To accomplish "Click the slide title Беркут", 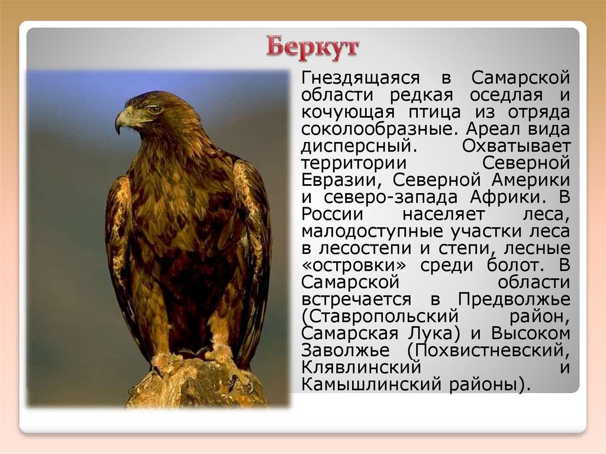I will (312, 47).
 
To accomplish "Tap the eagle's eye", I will (155, 110).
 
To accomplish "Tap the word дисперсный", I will (348, 146).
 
